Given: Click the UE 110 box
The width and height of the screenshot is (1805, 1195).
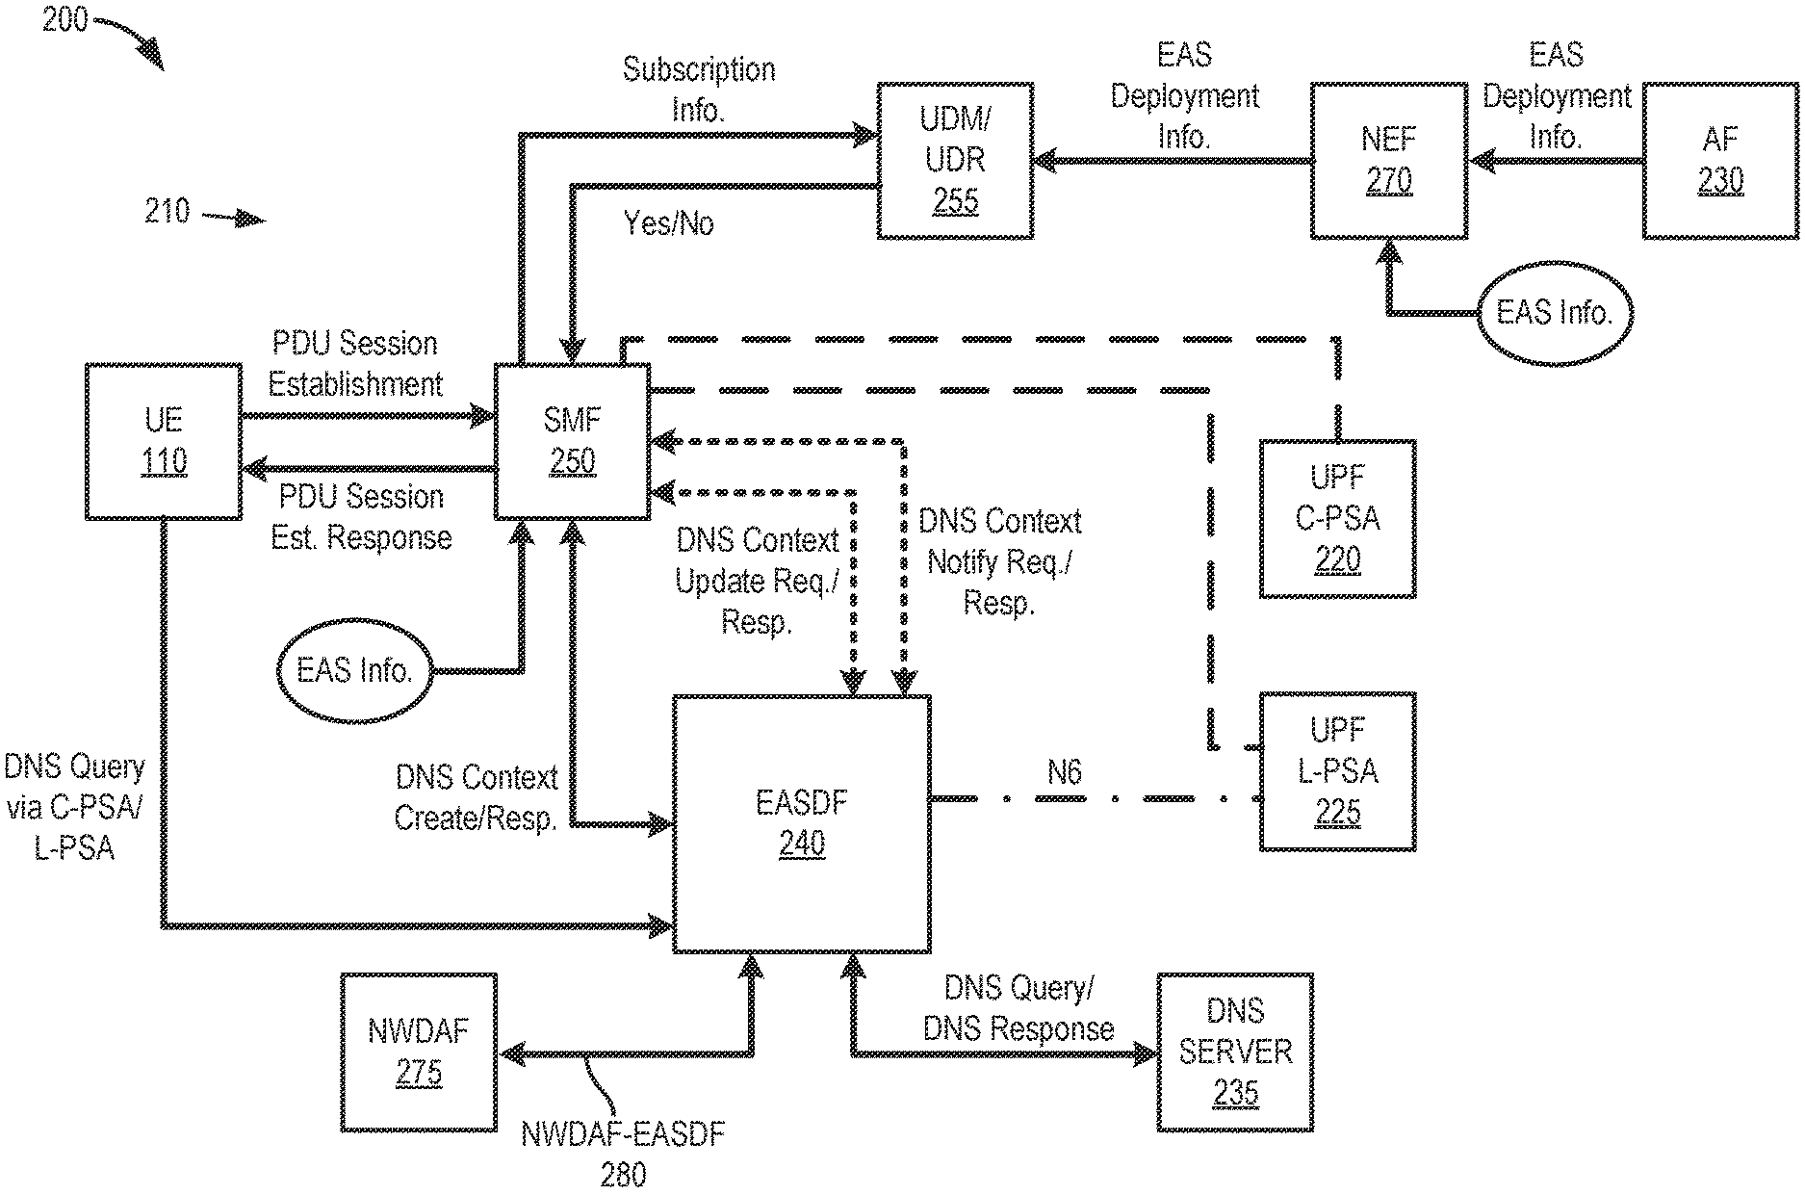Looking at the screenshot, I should (163, 442).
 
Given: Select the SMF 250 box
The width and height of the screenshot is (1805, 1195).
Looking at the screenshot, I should (572, 442).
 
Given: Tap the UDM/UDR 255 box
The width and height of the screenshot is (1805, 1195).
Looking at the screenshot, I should (954, 161).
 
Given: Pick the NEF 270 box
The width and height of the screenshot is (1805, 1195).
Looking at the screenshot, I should (1388, 161).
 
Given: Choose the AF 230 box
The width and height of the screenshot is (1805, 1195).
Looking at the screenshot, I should (1719, 161).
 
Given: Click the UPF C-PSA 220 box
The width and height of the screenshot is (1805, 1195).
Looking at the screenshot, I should (1337, 519).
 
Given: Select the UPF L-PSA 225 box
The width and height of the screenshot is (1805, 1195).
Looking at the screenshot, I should (1337, 771).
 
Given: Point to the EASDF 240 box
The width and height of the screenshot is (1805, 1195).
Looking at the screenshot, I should (802, 823).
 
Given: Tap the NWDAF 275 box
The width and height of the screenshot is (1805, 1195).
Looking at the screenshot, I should (419, 1052).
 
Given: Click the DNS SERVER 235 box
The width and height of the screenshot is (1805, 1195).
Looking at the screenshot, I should (1235, 1052).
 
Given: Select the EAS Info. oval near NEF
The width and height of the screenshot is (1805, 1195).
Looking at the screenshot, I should (1554, 313).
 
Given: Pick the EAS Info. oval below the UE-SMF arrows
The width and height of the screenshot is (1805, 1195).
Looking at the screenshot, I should (354, 671).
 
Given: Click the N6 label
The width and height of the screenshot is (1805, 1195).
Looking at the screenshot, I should (1064, 772).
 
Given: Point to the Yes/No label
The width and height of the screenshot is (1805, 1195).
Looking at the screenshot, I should (668, 224).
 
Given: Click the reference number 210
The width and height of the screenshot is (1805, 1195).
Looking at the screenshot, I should (168, 212).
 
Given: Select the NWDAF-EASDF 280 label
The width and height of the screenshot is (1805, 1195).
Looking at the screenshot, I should (623, 1154).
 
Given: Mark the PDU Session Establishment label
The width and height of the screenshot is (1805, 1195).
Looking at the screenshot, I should (355, 365).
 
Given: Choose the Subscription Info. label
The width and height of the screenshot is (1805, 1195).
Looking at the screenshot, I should (698, 90).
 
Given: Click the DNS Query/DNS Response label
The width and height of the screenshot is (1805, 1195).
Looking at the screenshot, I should (1019, 1008).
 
